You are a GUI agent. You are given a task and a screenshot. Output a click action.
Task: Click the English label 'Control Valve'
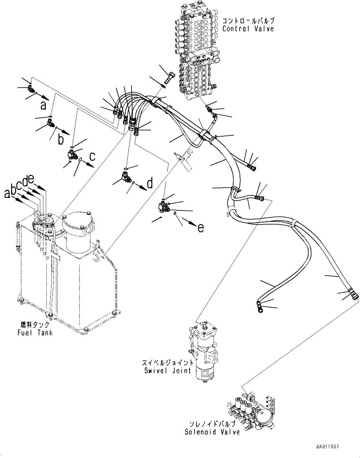[248, 29]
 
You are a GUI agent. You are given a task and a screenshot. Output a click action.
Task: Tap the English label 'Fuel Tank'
[35, 333]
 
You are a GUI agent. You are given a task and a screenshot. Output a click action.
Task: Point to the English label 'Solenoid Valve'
[212, 432]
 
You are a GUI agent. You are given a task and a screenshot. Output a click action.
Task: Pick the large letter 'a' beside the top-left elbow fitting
[43, 106]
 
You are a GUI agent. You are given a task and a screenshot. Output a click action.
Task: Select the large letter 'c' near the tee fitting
[92, 157]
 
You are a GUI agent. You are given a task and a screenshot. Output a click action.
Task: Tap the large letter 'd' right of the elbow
[150, 184]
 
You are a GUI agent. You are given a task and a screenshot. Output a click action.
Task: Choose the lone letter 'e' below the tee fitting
[201, 228]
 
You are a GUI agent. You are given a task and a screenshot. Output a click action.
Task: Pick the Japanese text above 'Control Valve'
[248, 21]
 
